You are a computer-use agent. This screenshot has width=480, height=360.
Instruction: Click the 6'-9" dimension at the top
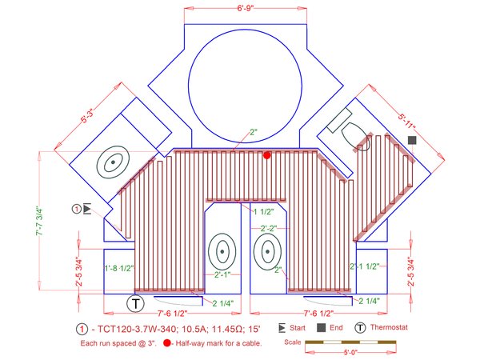click(x=245, y=7)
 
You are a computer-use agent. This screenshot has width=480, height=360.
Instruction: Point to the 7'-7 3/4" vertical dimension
click(x=50, y=220)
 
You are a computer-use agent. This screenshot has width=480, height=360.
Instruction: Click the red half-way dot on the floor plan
click(x=267, y=155)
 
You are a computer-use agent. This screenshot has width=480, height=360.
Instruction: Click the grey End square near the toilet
click(x=412, y=141)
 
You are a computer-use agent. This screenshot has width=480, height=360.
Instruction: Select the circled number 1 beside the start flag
click(x=77, y=209)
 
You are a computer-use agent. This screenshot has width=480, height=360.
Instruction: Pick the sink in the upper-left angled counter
click(x=113, y=162)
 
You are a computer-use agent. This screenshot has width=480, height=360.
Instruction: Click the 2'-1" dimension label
click(x=223, y=275)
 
